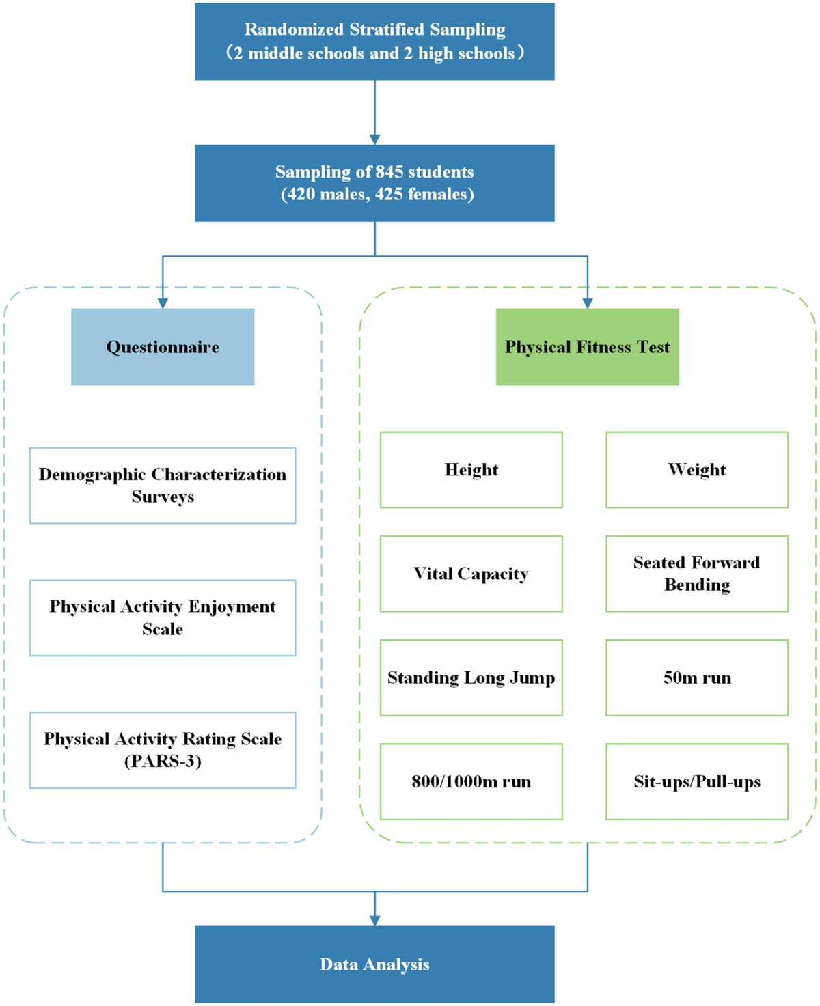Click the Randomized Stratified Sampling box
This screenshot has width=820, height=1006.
click(x=374, y=42)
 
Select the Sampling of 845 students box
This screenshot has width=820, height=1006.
click(x=374, y=183)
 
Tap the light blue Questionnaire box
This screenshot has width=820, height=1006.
click(x=163, y=347)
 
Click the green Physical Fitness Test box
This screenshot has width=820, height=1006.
click(x=587, y=347)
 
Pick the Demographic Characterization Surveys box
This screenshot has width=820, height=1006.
click(x=163, y=486)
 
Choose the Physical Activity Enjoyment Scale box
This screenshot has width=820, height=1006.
click(x=163, y=618)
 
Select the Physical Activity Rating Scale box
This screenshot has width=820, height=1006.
click(x=163, y=750)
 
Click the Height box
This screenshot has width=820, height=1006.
click(x=471, y=470)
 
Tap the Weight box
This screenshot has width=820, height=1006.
click(x=696, y=470)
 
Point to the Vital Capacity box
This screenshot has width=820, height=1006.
click(x=471, y=574)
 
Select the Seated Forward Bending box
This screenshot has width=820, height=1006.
click(x=696, y=574)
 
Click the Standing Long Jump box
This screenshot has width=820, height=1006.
click(x=471, y=677)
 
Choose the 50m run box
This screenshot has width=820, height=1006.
click(x=696, y=677)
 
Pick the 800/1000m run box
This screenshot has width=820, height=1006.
click(x=471, y=781)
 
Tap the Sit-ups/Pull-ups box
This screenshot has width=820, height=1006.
click(x=696, y=781)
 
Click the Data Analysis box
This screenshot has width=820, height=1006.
click(x=374, y=964)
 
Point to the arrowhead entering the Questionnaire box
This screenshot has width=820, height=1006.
click(x=163, y=303)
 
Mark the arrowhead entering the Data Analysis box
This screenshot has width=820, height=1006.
click(x=374, y=921)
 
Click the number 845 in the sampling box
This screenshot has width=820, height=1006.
click(x=389, y=172)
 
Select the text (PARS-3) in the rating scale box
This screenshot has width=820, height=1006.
click(x=163, y=762)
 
